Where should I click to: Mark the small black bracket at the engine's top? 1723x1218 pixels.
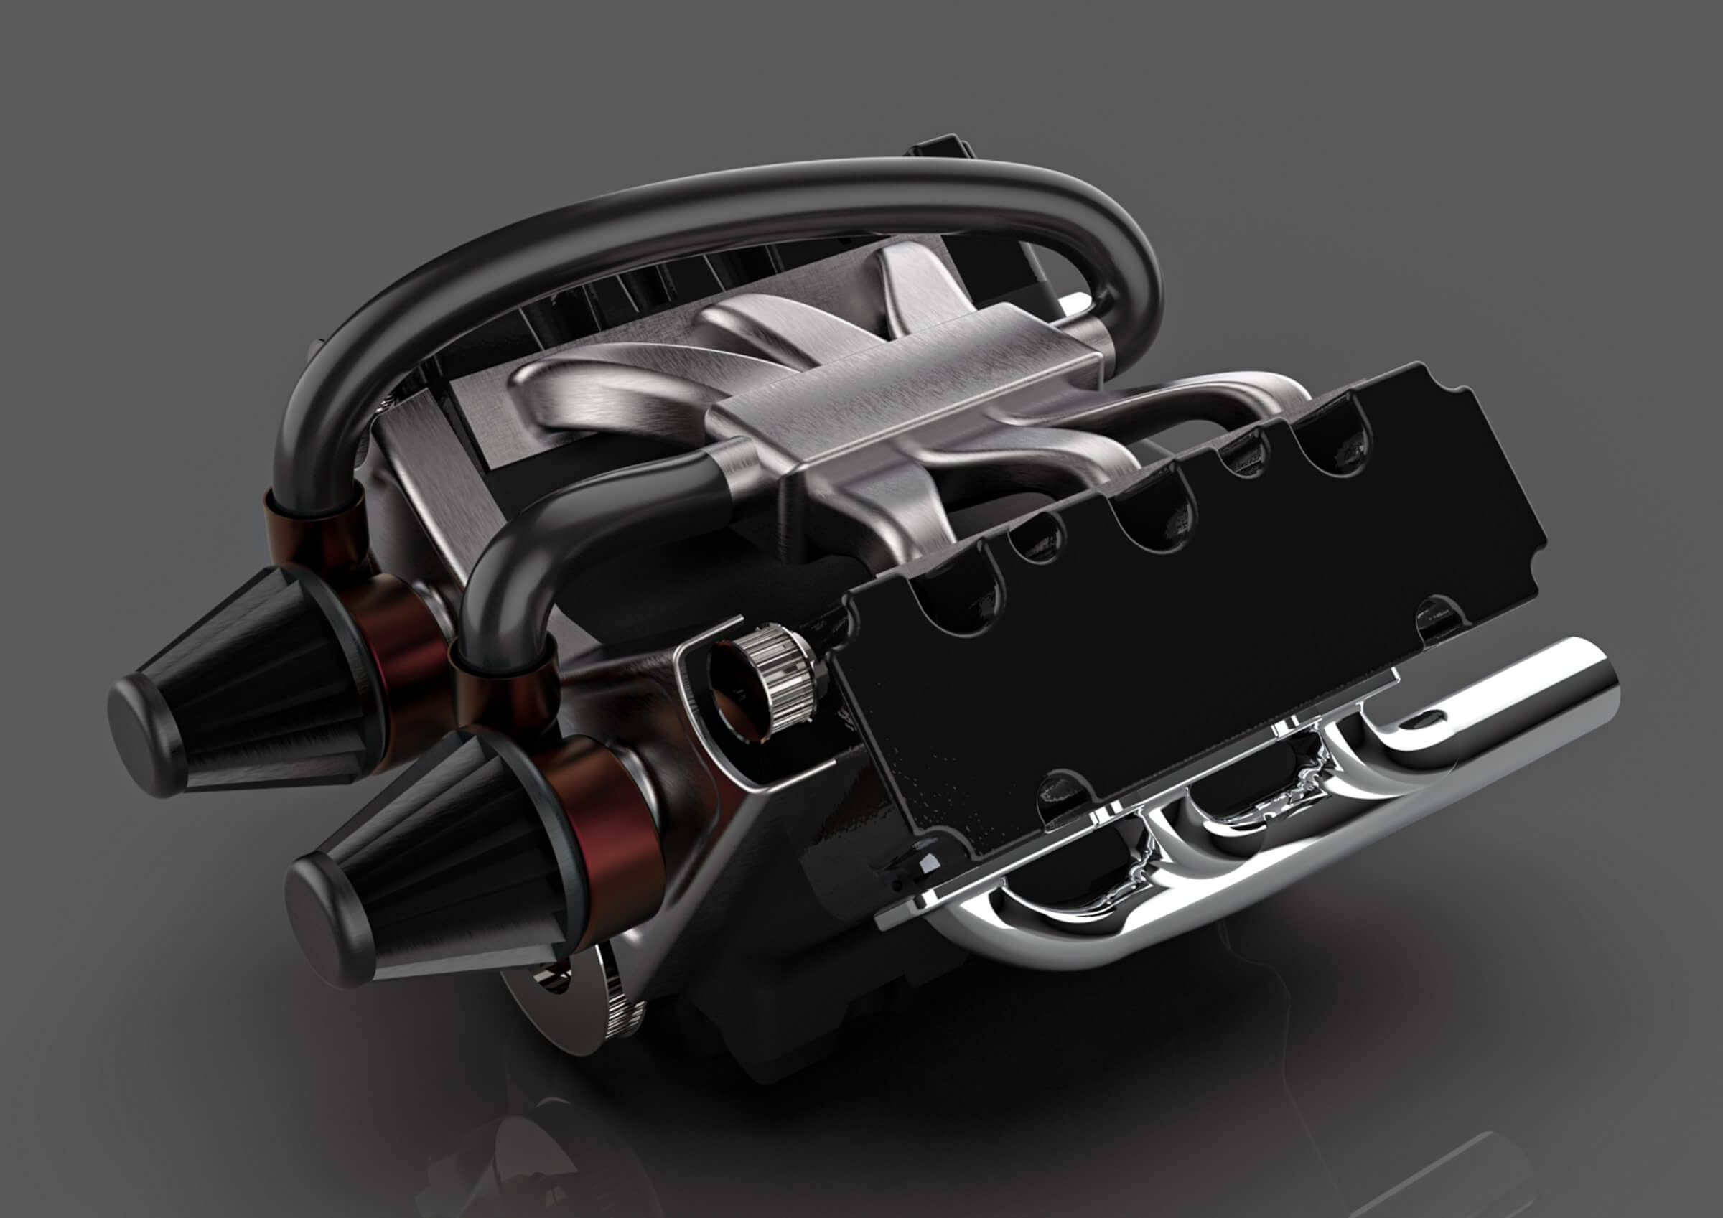point(938,146)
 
